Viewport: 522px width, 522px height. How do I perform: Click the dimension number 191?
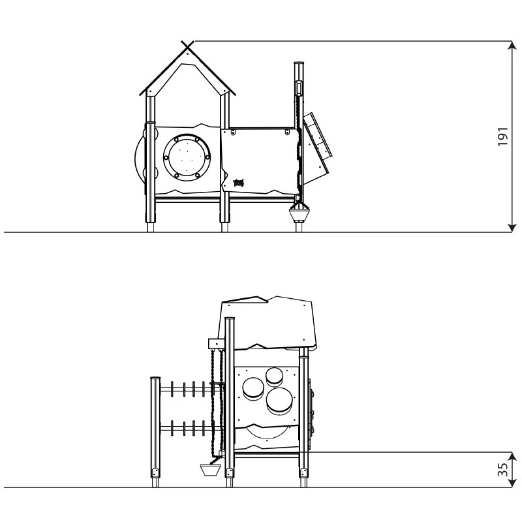502,136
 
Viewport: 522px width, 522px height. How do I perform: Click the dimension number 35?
502,470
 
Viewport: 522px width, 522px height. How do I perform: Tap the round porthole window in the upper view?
188,157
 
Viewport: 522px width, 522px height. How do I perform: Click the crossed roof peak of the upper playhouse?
188,45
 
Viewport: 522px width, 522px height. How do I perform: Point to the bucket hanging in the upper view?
299,213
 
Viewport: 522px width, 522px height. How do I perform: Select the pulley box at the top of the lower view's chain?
215,343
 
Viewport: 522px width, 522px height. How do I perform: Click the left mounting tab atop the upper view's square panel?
232,132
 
